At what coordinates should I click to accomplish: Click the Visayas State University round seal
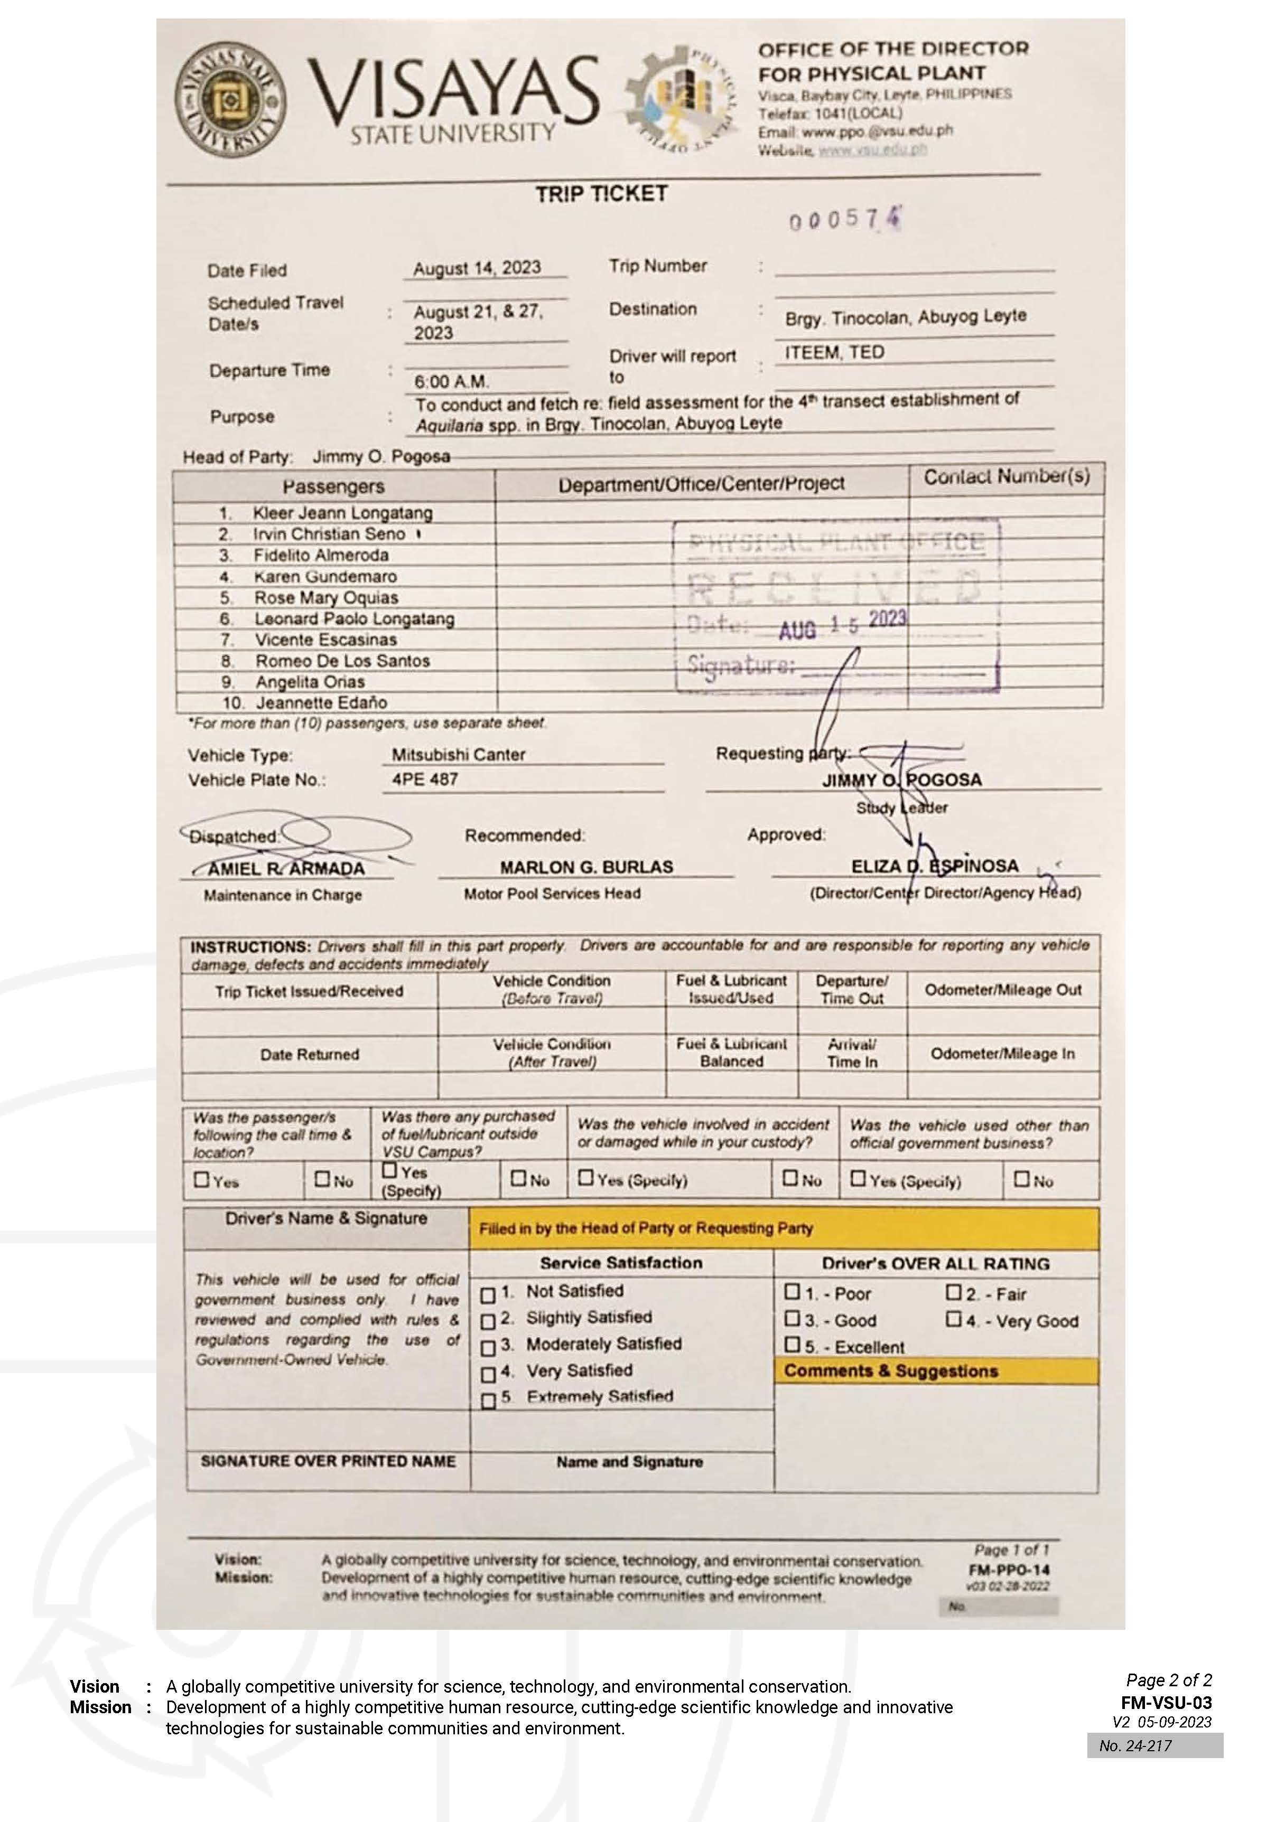pos(230,99)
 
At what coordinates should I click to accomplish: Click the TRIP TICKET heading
pos(601,194)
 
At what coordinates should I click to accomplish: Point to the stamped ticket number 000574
pos(844,220)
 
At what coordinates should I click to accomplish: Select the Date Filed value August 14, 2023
pos(477,268)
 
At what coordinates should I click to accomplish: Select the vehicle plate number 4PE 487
pos(425,779)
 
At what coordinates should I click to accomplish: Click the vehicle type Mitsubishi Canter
pos(458,755)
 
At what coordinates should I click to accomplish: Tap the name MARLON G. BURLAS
pos(586,867)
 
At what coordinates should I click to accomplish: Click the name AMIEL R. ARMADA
pos(286,869)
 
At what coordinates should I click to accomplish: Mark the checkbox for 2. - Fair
pos(953,1292)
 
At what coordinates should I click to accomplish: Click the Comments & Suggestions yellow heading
pos(890,1370)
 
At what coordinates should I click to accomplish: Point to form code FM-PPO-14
pos(1008,1570)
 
